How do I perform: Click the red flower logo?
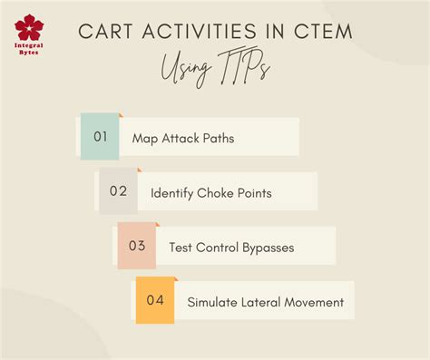click(x=30, y=27)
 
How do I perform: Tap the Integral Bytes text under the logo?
click(x=30, y=53)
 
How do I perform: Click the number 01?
click(x=100, y=137)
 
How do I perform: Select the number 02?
click(x=118, y=191)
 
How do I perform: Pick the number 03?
click(x=136, y=246)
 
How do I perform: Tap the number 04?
click(x=154, y=300)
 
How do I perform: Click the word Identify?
click(x=173, y=192)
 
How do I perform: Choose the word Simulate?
click(x=211, y=301)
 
